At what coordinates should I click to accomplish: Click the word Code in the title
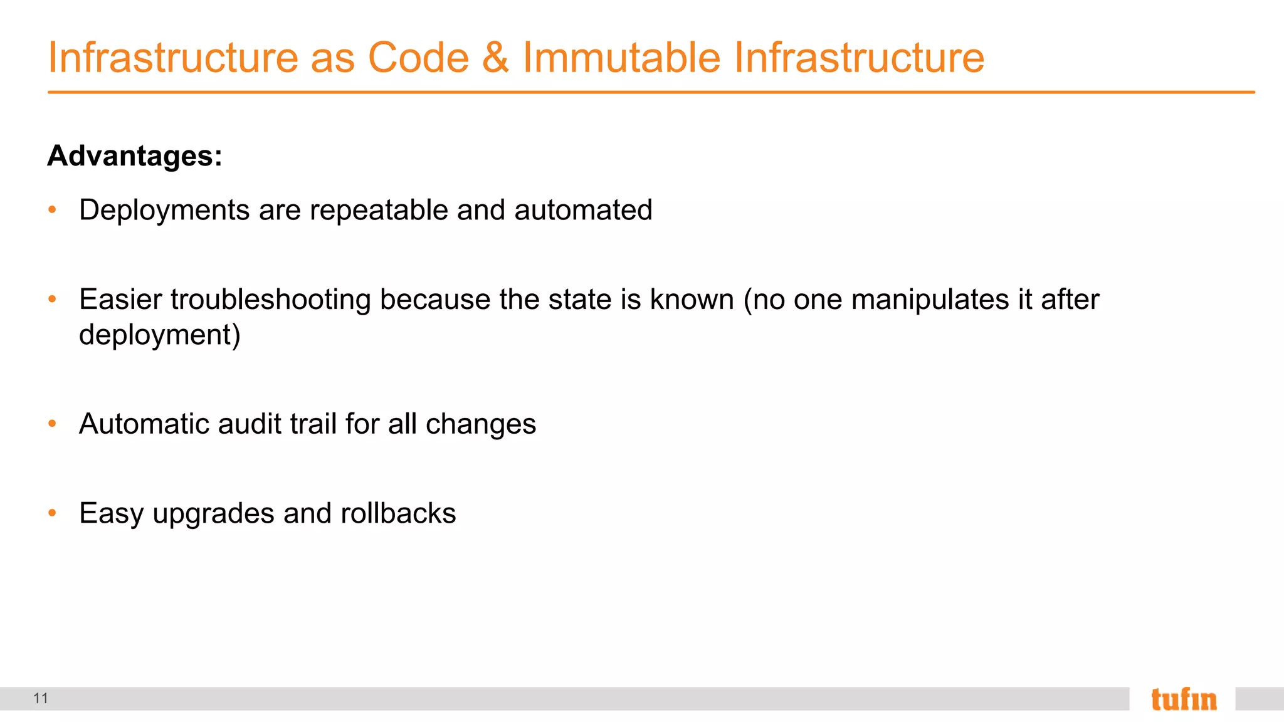coord(418,58)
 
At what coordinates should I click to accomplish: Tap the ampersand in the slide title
coord(495,58)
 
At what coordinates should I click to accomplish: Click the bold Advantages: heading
coord(135,155)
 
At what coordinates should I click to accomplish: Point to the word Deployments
coord(164,211)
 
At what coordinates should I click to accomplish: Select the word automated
coord(583,211)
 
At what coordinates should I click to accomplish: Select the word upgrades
coord(214,514)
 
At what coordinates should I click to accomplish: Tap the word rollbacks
coord(398,513)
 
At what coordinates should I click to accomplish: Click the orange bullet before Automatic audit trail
coord(53,424)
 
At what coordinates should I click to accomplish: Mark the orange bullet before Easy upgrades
coord(53,513)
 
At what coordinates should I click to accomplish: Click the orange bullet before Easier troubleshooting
coord(53,300)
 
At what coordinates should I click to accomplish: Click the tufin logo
coord(1183,699)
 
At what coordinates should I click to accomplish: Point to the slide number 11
coord(41,698)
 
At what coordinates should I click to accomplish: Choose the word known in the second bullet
coord(692,300)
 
